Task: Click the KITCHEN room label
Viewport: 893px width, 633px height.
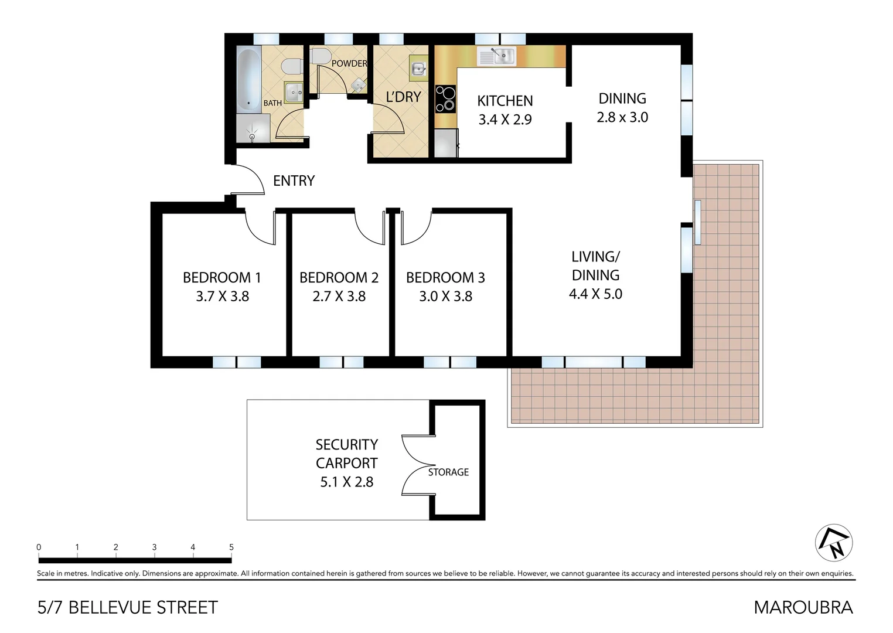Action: (x=505, y=101)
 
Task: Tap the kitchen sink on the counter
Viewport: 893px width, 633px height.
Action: (x=497, y=56)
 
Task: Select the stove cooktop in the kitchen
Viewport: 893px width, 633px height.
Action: (x=445, y=98)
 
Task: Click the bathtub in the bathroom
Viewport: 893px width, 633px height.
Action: (x=248, y=81)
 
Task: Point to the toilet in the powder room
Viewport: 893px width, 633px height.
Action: (x=319, y=57)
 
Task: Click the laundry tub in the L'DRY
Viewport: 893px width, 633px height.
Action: (x=418, y=70)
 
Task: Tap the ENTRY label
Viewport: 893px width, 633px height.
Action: (x=294, y=181)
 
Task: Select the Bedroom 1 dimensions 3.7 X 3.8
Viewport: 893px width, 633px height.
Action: (x=222, y=297)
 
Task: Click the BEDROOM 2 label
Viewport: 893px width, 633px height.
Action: (x=339, y=277)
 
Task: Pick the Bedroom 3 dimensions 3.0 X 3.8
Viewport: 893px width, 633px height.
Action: (x=445, y=297)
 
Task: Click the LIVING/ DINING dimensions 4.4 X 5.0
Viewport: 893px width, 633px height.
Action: (x=595, y=294)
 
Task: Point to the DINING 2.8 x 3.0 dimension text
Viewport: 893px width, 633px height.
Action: (x=622, y=117)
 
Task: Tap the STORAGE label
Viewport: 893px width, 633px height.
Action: (x=448, y=472)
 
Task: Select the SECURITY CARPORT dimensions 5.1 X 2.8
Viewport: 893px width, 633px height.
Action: (x=346, y=482)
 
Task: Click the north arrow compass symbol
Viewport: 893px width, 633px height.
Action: (x=834, y=543)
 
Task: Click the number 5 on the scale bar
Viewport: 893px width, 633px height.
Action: (x=231, y=547)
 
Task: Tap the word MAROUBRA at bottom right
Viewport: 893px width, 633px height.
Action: (x=803, y=607)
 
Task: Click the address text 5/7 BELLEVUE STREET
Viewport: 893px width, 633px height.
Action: (x=128, y=607)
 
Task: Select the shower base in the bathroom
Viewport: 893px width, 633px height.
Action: (x=253, y=128)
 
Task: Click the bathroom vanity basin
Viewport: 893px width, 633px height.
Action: (x=294, y=92)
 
